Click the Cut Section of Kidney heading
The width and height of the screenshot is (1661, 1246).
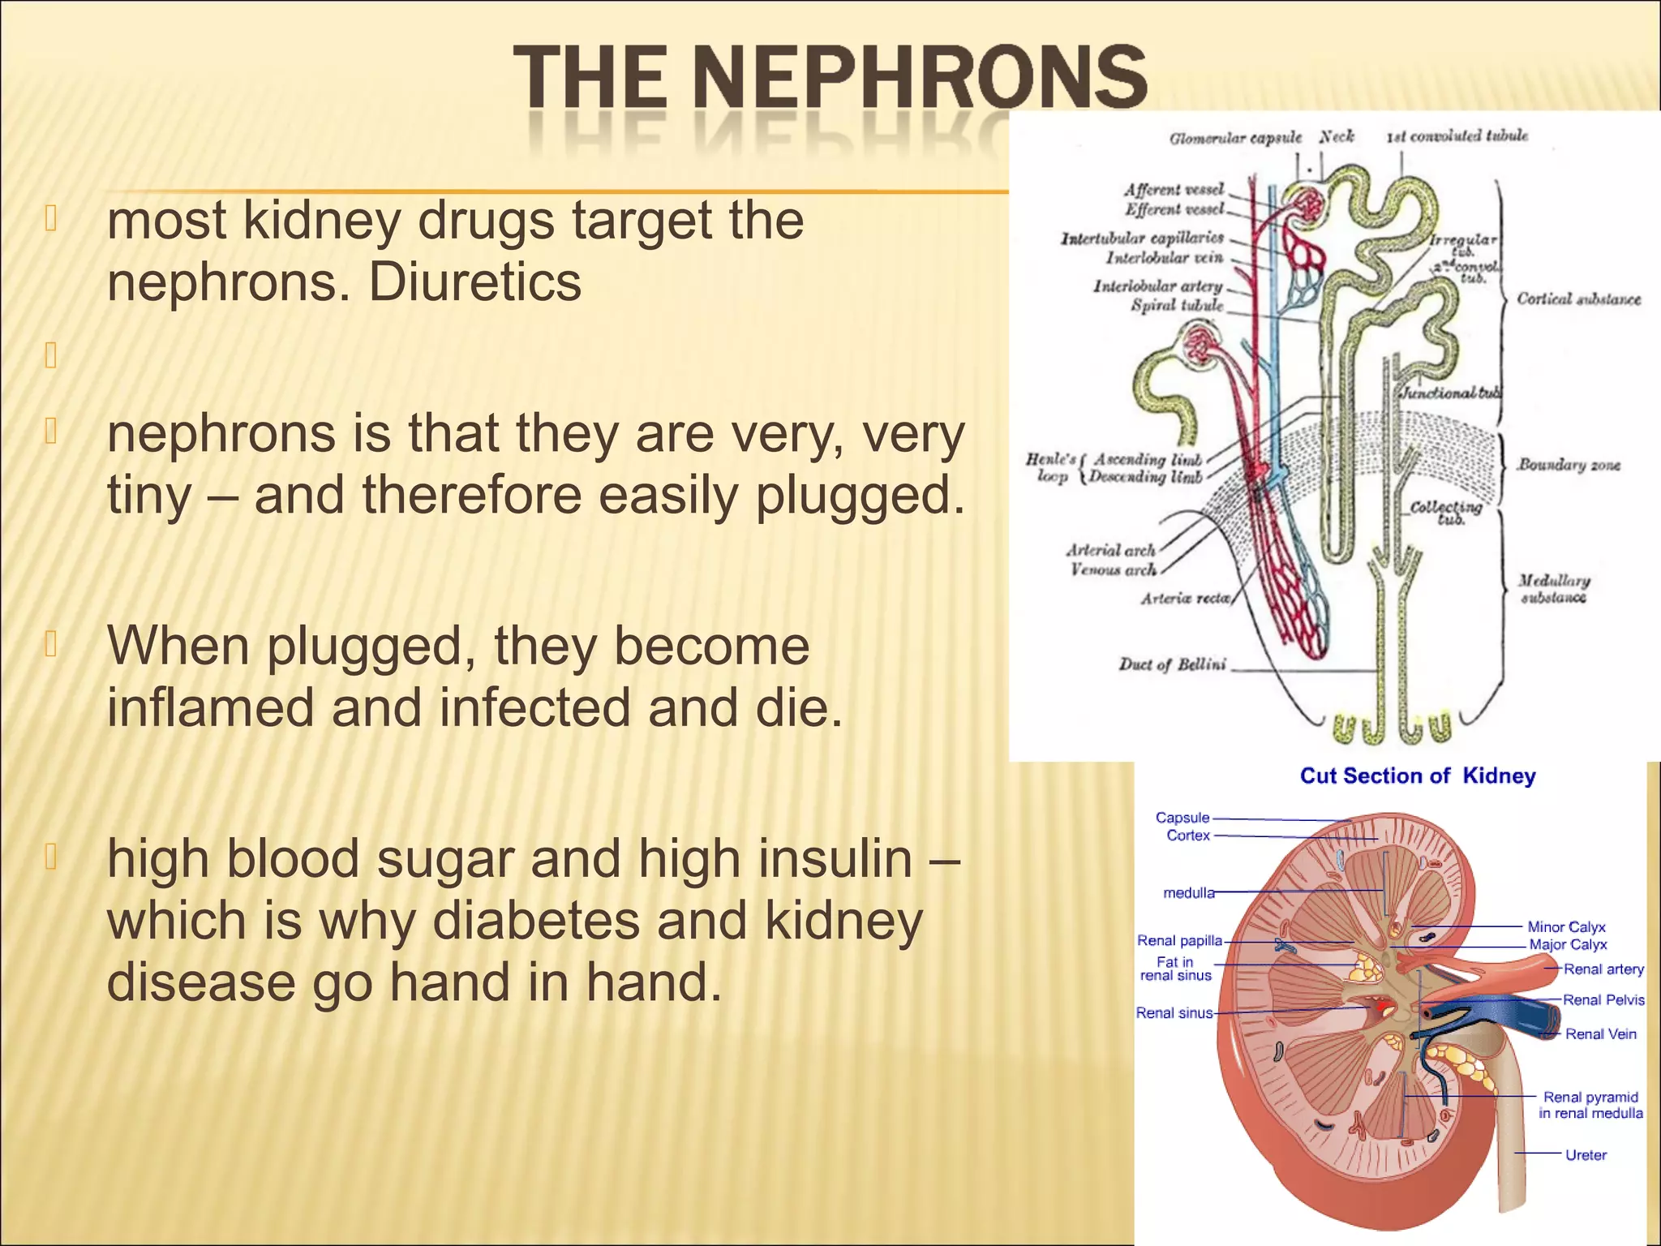(x=1417, y=776)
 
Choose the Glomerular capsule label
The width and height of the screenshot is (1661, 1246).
(x=1234, y=138)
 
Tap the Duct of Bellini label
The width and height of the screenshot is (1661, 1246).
(x=1172, y=664)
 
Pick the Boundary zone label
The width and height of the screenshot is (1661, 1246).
(x=1569, y=465)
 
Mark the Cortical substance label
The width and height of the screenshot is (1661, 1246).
(x=1577, y=299)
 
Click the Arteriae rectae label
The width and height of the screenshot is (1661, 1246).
(x=1185, y=599)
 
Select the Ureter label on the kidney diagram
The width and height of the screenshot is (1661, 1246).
(x=1586, y=1154)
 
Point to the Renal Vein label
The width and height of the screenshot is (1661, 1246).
(x=1600, y=1033)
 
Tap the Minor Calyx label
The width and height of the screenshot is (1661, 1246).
(x=1566, y=926)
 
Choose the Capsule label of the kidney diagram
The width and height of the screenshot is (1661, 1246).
(x=1182, y=818)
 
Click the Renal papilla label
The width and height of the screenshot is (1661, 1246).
(x=1179, y=940)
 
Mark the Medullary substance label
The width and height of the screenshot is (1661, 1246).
(x=1554, y=589)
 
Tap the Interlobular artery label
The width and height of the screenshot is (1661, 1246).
(x=1157, y=286)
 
